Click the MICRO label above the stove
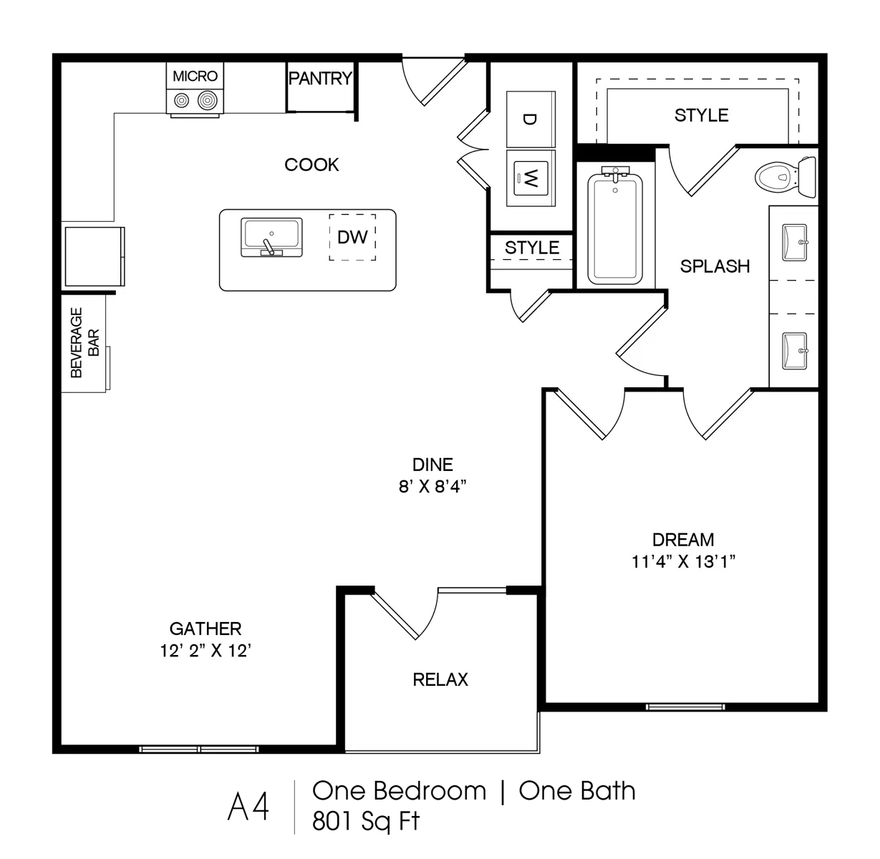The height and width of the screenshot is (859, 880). [195, 76]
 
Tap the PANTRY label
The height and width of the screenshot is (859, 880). [320, 78]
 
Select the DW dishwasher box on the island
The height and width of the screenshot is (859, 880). [352, 237]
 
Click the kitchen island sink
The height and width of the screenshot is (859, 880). [271, 238]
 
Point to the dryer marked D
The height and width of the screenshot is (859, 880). [531, 119]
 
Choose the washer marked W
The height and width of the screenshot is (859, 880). [531, 178]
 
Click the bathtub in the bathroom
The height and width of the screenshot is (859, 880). [615, 226]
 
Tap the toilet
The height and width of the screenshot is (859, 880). [785, 178]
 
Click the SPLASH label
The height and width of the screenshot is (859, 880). [715, 266]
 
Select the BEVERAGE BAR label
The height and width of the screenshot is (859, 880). [84, 342]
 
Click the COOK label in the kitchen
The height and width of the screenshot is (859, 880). [311, 165]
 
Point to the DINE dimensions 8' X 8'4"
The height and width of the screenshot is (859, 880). [432, 487]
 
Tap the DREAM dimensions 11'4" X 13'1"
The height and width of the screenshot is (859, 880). [683, 562]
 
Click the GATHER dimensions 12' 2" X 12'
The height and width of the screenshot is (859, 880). [206, 651]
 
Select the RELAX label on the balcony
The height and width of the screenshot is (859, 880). [440, 679]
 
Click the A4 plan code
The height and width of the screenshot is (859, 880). [248, 806]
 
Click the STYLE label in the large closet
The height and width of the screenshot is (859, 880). [702, 115]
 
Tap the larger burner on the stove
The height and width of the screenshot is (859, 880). [207, 100]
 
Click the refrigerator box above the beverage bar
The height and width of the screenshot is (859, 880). [95, 256]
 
